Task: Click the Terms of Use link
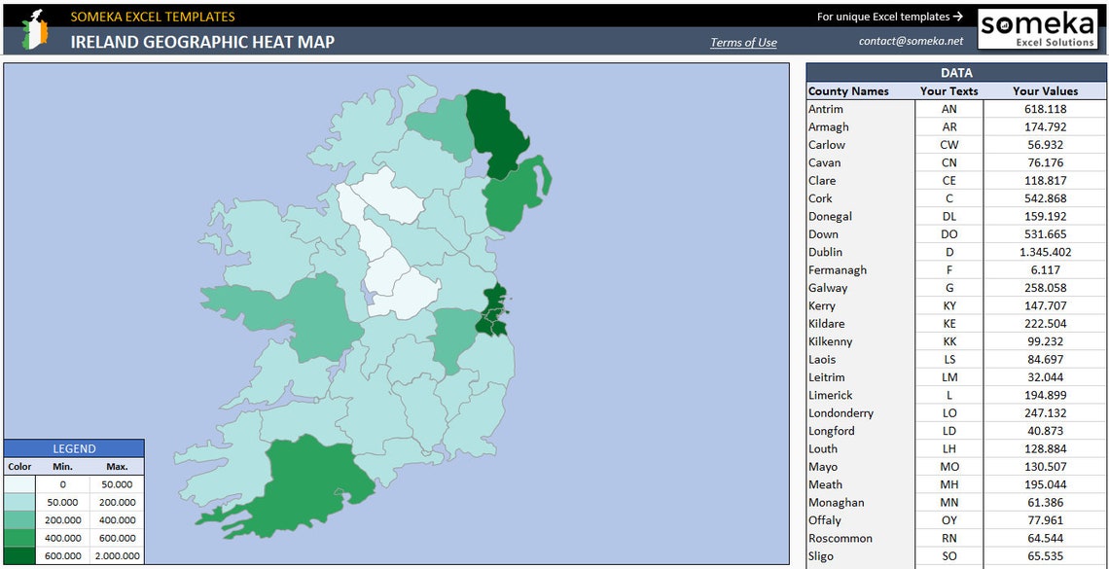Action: [743, 42]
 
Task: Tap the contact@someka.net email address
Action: [911, 41]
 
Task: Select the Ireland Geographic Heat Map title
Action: [202, 42]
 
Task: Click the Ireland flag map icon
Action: [35, 29]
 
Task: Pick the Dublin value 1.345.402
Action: [1044, 252]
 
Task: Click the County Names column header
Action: [848, 91]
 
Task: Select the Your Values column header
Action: [1045, 91]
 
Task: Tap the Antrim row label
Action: [826, 109]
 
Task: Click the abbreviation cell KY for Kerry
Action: [949, 305]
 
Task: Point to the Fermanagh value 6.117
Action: [1044, 269]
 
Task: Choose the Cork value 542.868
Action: [1044, 198]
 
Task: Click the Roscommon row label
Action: [840, 538]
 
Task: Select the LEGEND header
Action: [74, 448]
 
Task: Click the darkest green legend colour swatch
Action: [19, 556]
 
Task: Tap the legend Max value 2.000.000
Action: [117, 556]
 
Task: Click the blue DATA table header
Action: [955, 73]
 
